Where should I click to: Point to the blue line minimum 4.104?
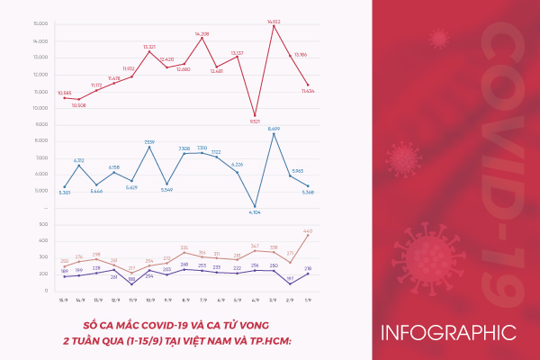tap(256, 207)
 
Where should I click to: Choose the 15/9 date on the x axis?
tap(63, 300)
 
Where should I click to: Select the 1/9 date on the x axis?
tap(307, 300)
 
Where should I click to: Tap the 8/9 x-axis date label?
tap(184, 300)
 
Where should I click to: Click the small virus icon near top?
tap(439, 38)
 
